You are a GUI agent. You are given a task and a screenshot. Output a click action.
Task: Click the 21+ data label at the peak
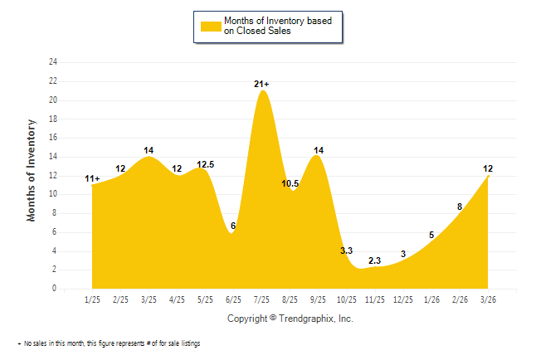(x=261, y=84)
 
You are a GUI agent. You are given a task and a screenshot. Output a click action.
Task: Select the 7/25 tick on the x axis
(x=261, y=299)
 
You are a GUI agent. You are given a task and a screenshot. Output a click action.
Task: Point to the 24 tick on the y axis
(x=53, y=62)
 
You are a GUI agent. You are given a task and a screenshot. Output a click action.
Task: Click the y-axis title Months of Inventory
(x=32, y=170)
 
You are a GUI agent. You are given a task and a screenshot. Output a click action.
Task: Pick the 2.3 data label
(x=374, y=260)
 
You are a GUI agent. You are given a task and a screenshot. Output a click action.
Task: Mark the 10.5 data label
(x=290, y=183)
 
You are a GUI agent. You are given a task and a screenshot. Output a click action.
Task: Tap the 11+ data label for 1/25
(x=92, y=178)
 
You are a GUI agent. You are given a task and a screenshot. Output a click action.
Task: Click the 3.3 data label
(x=347, y=250)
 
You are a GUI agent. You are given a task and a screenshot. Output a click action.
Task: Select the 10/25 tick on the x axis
(x=347, y=299)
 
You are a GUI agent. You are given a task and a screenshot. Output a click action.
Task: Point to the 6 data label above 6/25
(x=233, y=226)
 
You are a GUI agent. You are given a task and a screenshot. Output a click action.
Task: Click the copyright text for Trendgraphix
(x=290, y=318)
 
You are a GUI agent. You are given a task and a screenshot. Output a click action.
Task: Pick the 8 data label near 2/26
(x=459, y=207)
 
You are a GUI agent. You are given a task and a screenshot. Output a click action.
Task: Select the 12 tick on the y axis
(x=53, y=176)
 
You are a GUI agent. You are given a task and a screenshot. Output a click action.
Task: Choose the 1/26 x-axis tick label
(x=431, y=299)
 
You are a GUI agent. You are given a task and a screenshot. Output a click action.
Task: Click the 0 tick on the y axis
(x=55, y=289)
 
